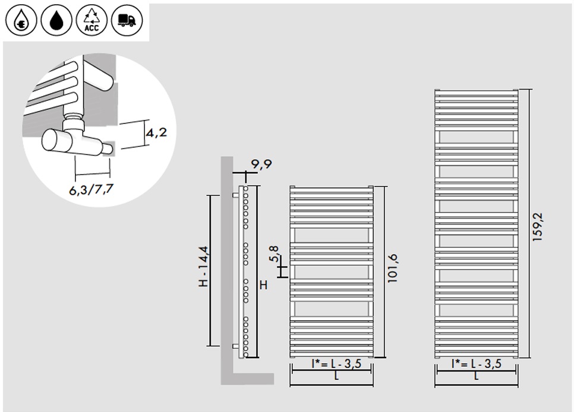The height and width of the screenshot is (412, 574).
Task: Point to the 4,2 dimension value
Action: pyautogui.click(x=157, y=132)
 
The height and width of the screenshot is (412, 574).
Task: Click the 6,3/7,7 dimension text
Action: pyautogui.click(x=91, y=189)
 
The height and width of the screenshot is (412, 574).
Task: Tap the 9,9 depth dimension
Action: pyautogui.click(x=261, y=164)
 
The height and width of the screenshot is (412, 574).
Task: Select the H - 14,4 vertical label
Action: pyautogui.click(x=204, y=267)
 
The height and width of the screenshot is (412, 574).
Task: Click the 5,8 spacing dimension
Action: pyautogui.click(x=274, y=254)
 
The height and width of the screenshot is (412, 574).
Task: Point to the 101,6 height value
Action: pyautogui.click(x=392, y=268)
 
